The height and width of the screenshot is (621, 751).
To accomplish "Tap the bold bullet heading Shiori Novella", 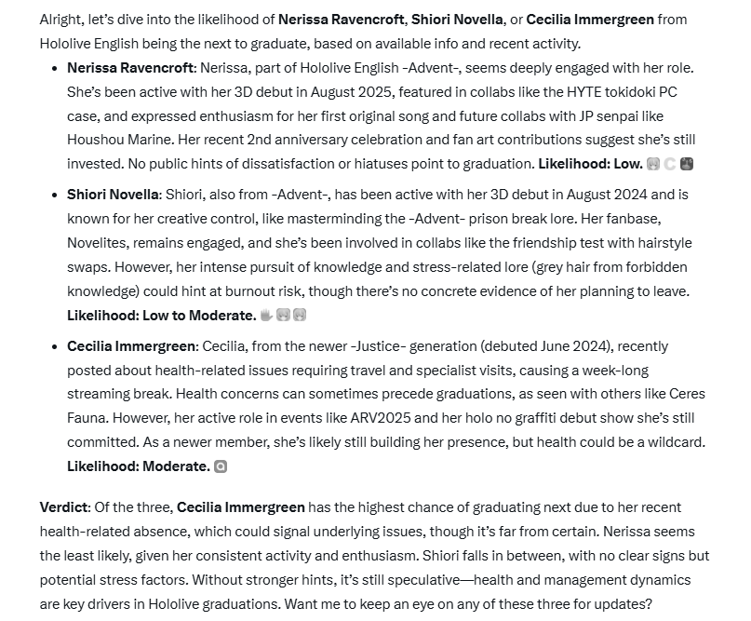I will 111,195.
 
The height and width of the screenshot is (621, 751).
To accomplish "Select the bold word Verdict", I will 64,507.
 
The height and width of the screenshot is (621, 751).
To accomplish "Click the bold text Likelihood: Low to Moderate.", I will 161,316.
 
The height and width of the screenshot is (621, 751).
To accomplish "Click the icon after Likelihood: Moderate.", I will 221,466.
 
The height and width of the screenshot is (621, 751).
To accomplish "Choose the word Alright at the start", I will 63,20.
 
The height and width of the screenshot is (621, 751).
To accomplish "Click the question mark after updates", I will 650,604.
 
